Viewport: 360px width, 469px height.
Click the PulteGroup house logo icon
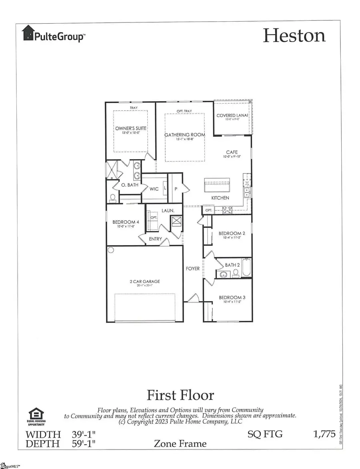[28, 33]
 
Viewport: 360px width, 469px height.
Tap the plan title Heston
[294, 36]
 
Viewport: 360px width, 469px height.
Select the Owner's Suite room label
[131, 128]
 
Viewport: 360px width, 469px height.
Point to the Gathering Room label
[185, 135]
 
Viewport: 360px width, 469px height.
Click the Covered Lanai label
[232, 116]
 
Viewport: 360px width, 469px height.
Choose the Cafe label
[232, 152]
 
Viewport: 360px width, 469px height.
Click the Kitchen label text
[220, 198]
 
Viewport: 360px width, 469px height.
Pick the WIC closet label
[154, 189]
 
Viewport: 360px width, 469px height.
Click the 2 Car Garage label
[145, 281]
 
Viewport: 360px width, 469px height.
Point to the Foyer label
[193, 269]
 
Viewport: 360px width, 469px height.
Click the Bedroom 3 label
[230, 297]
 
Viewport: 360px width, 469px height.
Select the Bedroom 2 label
[230, 233]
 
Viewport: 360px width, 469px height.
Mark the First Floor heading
[180, 395]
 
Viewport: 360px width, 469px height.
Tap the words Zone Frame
[180, 443]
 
